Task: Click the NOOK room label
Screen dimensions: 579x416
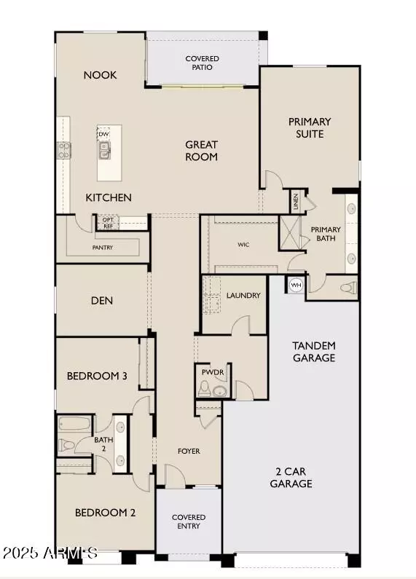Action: [100, 75]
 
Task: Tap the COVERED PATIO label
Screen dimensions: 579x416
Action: [202, 63]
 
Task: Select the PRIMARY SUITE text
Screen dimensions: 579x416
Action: [310, 127]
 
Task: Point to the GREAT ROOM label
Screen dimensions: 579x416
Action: [201, 151]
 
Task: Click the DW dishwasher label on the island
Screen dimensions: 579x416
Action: [104, 134]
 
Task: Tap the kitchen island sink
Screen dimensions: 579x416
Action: [104, 150]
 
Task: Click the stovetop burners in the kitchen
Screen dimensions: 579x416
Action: [64, 150]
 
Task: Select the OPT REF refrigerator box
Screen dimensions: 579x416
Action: [108, 223]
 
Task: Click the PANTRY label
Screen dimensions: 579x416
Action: [102, 248]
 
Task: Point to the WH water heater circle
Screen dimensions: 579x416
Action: [296, 285]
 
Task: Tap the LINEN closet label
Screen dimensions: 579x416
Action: [295, 200]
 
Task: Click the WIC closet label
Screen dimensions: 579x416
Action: [243, 245]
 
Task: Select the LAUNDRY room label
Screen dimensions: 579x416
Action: [243, 296]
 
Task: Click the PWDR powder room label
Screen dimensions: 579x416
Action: [214, 372]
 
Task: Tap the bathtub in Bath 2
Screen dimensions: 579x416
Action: [74, 424]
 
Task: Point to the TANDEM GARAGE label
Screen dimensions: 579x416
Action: [313, 351]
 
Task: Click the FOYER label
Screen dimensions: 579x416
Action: [189, 451]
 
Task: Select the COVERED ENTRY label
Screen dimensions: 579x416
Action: [189, 522]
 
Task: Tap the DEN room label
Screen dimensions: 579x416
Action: [101, 300]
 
